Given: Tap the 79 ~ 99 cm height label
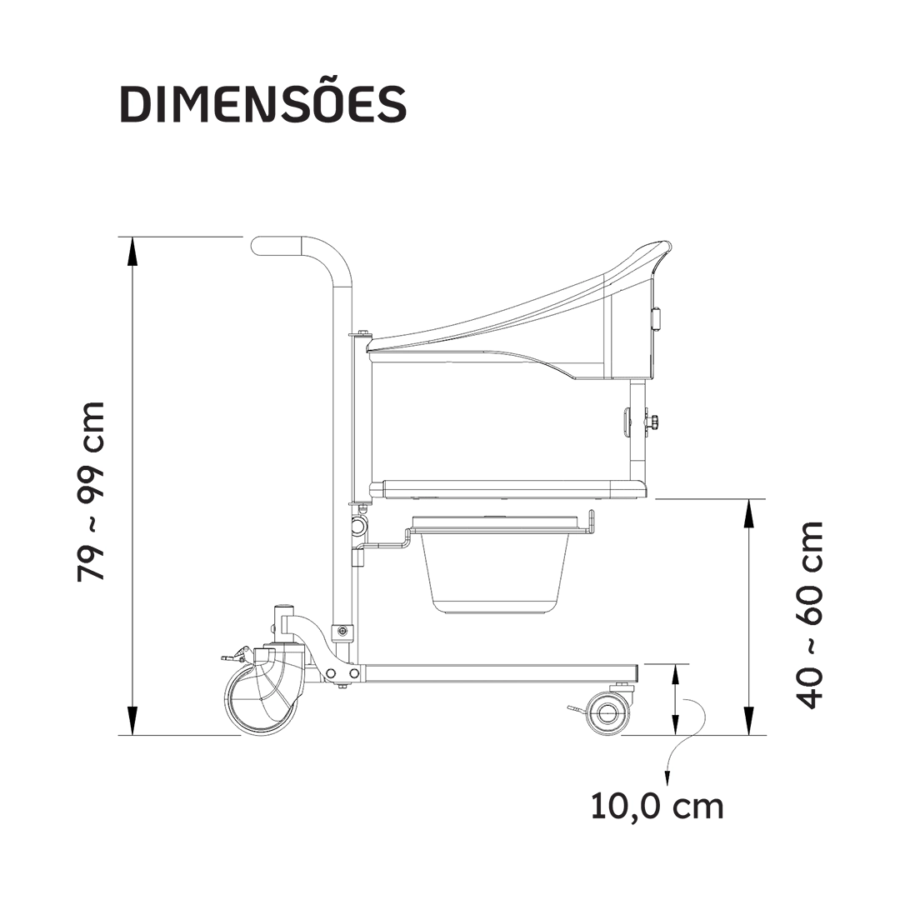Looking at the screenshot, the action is point(92,492).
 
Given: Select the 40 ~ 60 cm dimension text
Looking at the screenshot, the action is point(809,615).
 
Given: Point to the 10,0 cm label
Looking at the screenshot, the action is point(657,806).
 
